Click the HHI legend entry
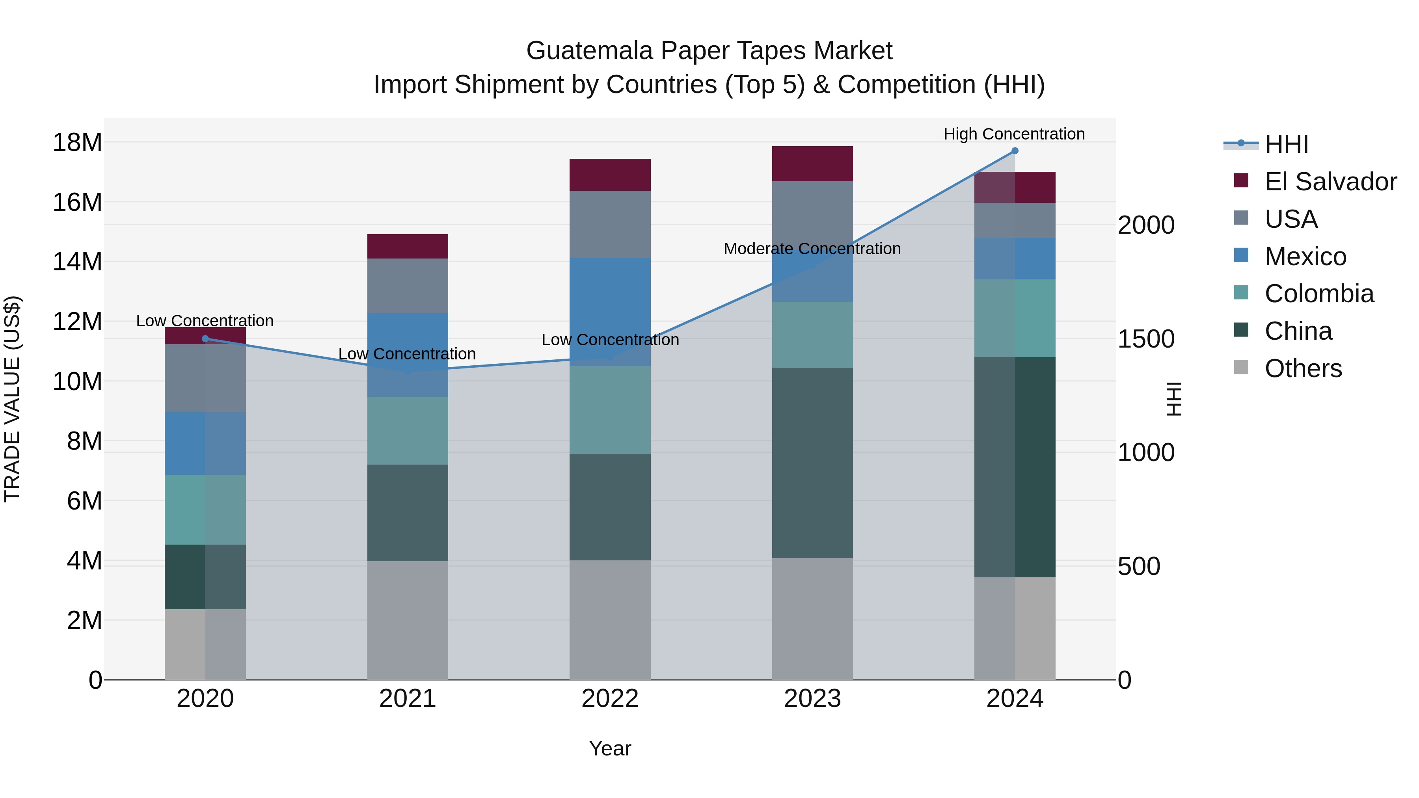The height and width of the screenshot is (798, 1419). point(1286,144)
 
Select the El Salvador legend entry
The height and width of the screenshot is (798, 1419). point(1330,182)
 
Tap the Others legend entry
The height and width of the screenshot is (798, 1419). point(1303,368)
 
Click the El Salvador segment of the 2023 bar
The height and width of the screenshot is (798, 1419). point(812,164)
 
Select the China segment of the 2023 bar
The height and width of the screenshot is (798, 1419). point(812,463)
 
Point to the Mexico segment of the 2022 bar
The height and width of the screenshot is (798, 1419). point(610,312)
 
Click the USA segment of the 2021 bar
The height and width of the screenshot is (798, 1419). point(408,285)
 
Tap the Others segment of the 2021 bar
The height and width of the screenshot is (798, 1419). point(408,620)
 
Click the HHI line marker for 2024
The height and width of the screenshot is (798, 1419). point(1015,151)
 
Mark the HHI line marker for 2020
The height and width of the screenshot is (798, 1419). point(205,339)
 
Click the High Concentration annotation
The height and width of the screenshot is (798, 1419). point(1014,134)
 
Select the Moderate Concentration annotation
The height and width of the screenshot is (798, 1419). point(812,249)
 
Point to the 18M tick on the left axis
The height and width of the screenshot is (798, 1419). point(77,143)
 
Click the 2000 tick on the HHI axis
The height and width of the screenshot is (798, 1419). point(1146,225)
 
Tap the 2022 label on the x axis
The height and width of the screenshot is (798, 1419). point(610,699)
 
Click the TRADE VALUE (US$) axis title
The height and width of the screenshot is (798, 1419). point(12,399)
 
